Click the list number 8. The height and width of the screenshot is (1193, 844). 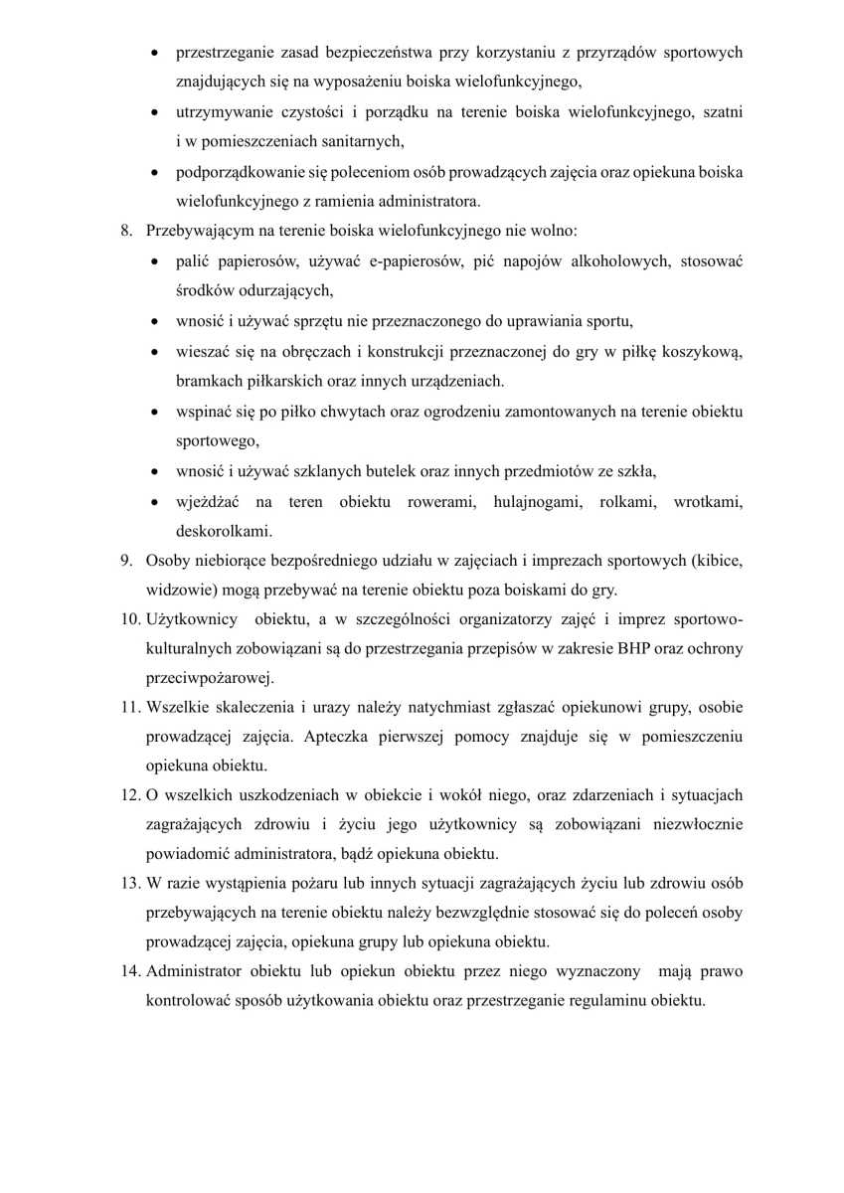(126, 232)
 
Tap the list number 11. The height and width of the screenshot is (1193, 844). (131, 708)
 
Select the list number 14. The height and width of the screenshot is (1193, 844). (131, 969)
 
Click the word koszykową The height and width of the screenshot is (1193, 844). (709, 351)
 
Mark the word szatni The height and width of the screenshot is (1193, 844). (721, 112)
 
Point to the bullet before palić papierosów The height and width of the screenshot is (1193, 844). (156, 262)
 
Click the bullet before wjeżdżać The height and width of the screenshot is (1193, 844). (156, 501)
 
